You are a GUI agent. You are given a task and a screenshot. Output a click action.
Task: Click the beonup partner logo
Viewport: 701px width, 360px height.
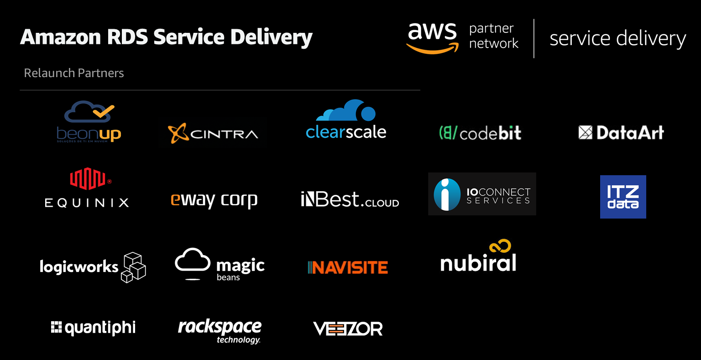coord(89,121)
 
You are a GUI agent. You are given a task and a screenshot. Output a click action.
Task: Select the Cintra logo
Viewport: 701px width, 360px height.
coord(213,133)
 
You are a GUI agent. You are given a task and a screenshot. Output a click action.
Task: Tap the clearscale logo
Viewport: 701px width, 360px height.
coord(346,120)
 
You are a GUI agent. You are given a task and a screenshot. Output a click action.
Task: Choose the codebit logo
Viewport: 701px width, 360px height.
coord(480,133)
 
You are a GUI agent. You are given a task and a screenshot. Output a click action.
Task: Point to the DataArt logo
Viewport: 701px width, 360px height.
coord(621,133)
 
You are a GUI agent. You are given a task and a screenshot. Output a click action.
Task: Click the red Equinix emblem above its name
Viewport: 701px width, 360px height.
coord(88,178)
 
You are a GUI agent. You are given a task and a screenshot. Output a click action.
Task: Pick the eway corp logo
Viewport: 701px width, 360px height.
coord(214,200)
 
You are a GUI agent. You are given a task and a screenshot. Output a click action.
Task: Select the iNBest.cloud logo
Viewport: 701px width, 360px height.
coord(350,200)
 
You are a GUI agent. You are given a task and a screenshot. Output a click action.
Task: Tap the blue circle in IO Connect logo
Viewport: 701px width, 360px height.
coord(447,194)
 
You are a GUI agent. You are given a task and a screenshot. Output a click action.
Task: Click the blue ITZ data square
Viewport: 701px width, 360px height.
coord(623,197)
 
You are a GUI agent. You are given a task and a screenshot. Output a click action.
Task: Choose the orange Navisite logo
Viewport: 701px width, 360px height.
coord(348,267)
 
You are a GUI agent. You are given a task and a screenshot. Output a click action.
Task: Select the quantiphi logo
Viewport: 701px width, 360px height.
coord(93,328)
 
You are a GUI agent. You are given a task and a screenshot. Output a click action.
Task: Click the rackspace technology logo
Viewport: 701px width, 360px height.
coord(220,330)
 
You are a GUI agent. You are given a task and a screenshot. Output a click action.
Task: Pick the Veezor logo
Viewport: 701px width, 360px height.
coord(348,329)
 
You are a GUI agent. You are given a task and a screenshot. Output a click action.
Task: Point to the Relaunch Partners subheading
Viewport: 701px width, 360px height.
coord(74,73)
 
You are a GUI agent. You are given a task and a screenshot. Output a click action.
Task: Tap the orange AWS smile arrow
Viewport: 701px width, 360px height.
coord(432,48)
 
